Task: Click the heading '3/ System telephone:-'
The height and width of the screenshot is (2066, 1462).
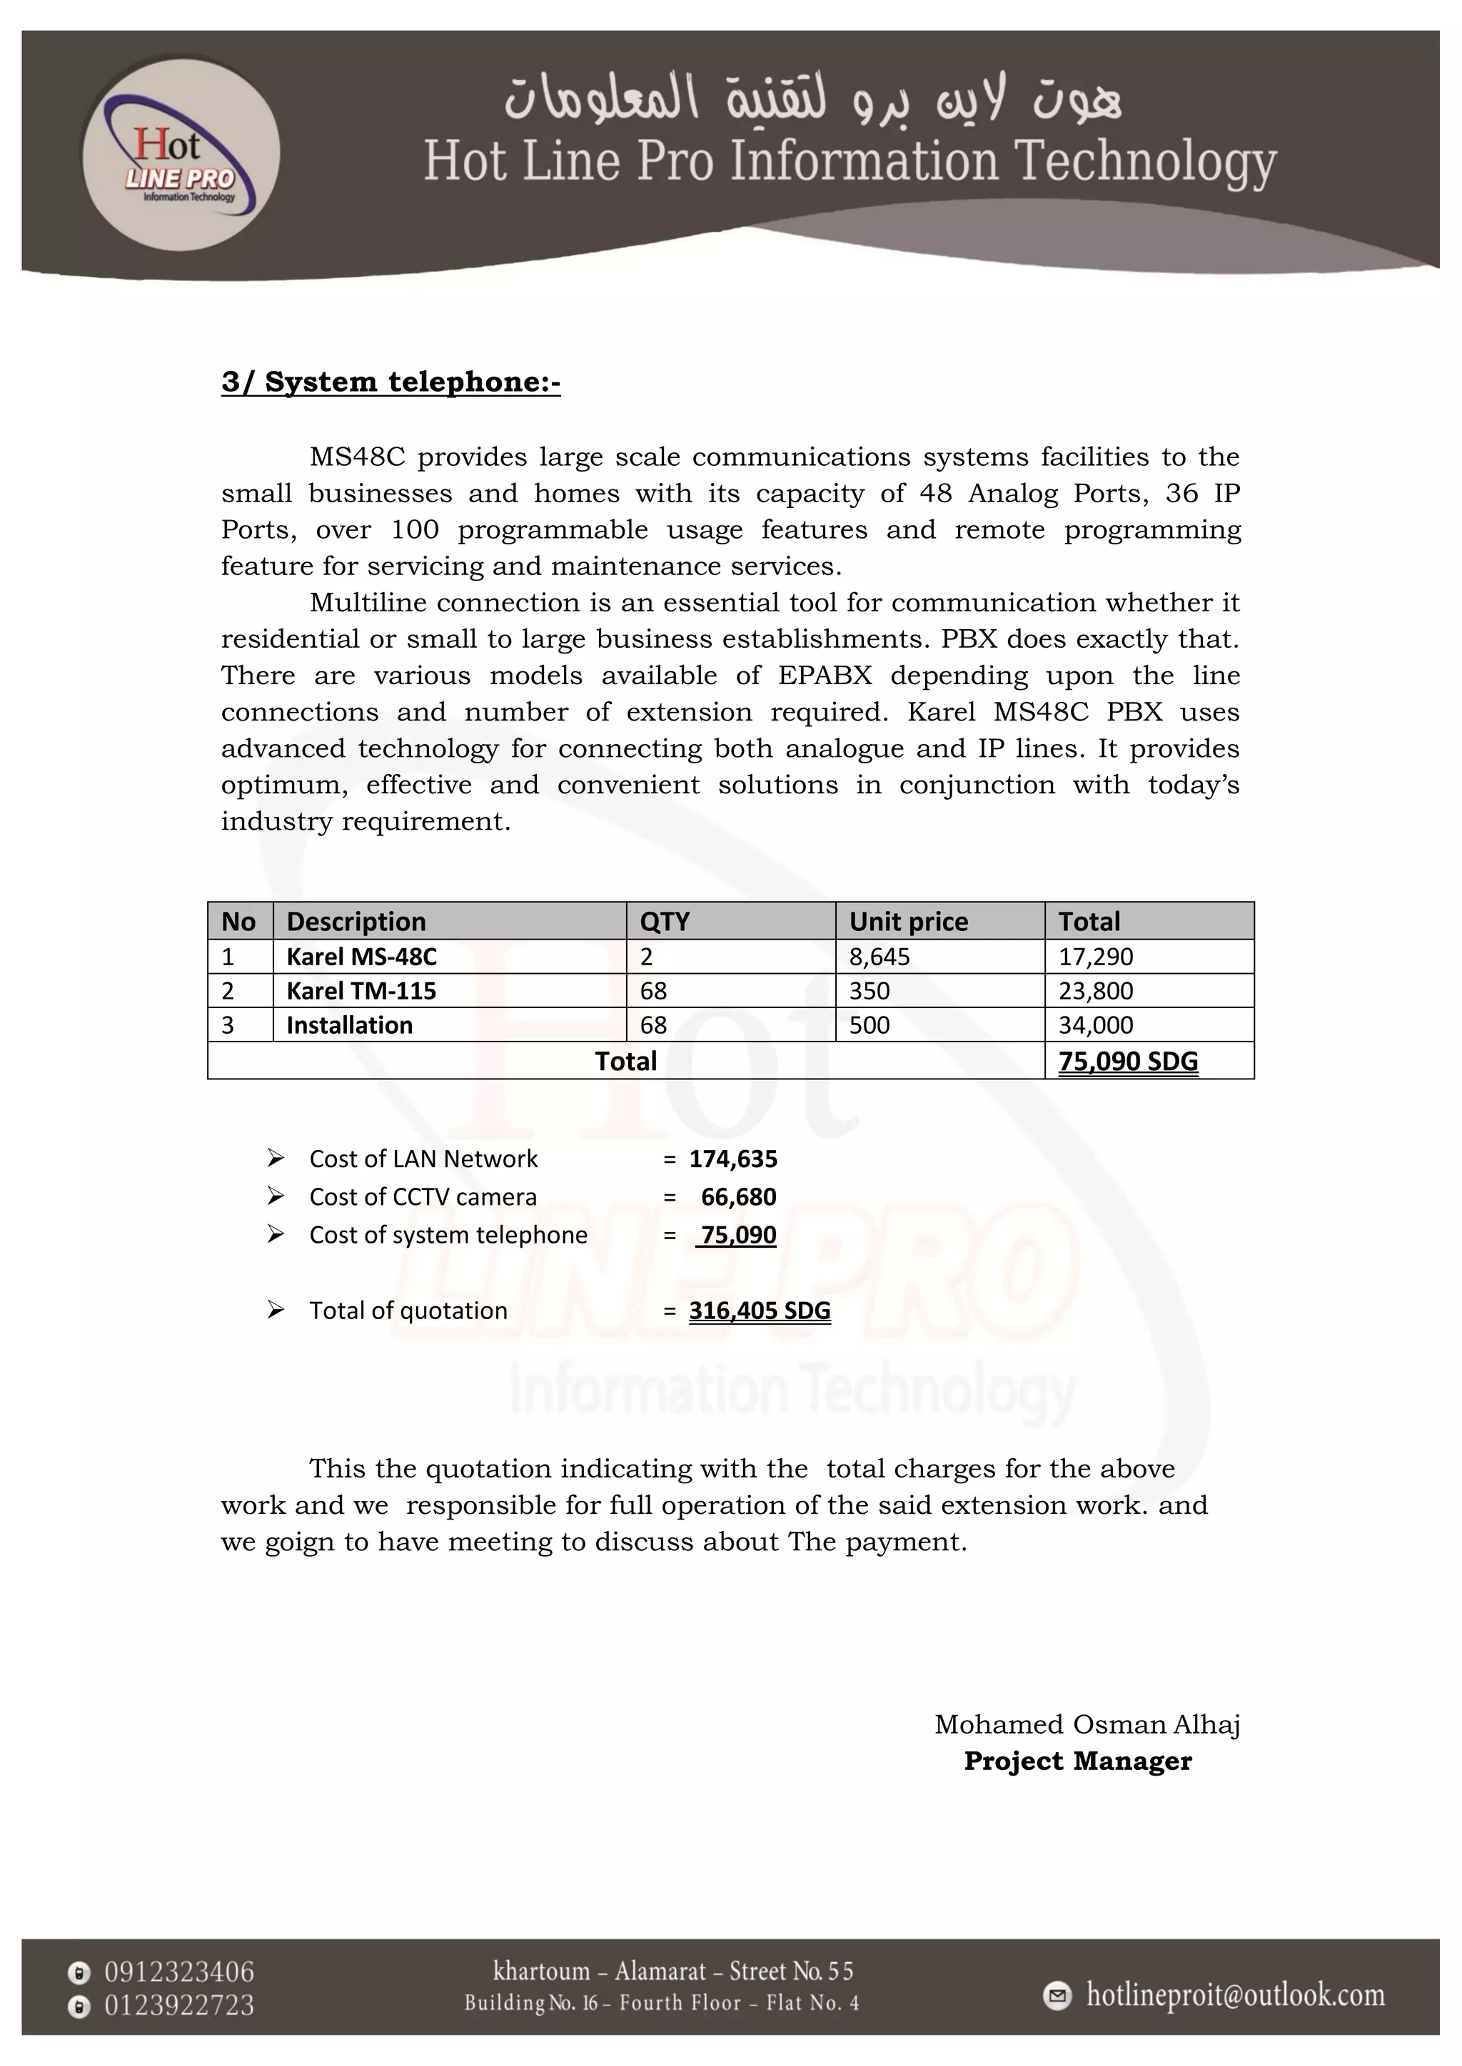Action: click(x=390, y=382)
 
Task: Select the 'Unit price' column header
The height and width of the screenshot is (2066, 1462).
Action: click(x=908, y=922)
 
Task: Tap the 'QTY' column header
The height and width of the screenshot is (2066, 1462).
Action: click(x=665, y=922)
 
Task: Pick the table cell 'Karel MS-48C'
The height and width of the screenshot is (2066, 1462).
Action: click(x=361, y=957)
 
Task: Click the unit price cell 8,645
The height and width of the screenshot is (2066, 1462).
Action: click(x=879, y=957)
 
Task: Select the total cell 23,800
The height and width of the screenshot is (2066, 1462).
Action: click(x=1096, y=991)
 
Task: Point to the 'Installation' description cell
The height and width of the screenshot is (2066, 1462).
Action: click(x=349, y=1025)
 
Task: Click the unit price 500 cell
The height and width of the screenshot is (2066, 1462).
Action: click(x=869, y=1025)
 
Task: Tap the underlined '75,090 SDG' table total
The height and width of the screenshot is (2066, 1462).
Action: click(x=1128, y=1061)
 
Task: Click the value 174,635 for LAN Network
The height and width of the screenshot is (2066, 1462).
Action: click(x=733, y=1159)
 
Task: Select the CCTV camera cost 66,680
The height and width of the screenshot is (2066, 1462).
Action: click(x=738, y=1197)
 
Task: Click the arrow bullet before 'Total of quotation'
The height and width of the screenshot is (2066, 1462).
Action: click(x=276, y=1310)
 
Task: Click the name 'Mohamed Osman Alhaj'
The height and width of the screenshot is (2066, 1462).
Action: click(x=1087, y=1724)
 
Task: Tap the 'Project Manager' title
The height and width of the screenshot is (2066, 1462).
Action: click(x=1078, y=1761)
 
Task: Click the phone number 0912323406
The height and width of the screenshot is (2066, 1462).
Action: click(x=179, y=1973)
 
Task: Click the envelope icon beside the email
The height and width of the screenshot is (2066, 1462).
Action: click(x=1058, y=1996)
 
